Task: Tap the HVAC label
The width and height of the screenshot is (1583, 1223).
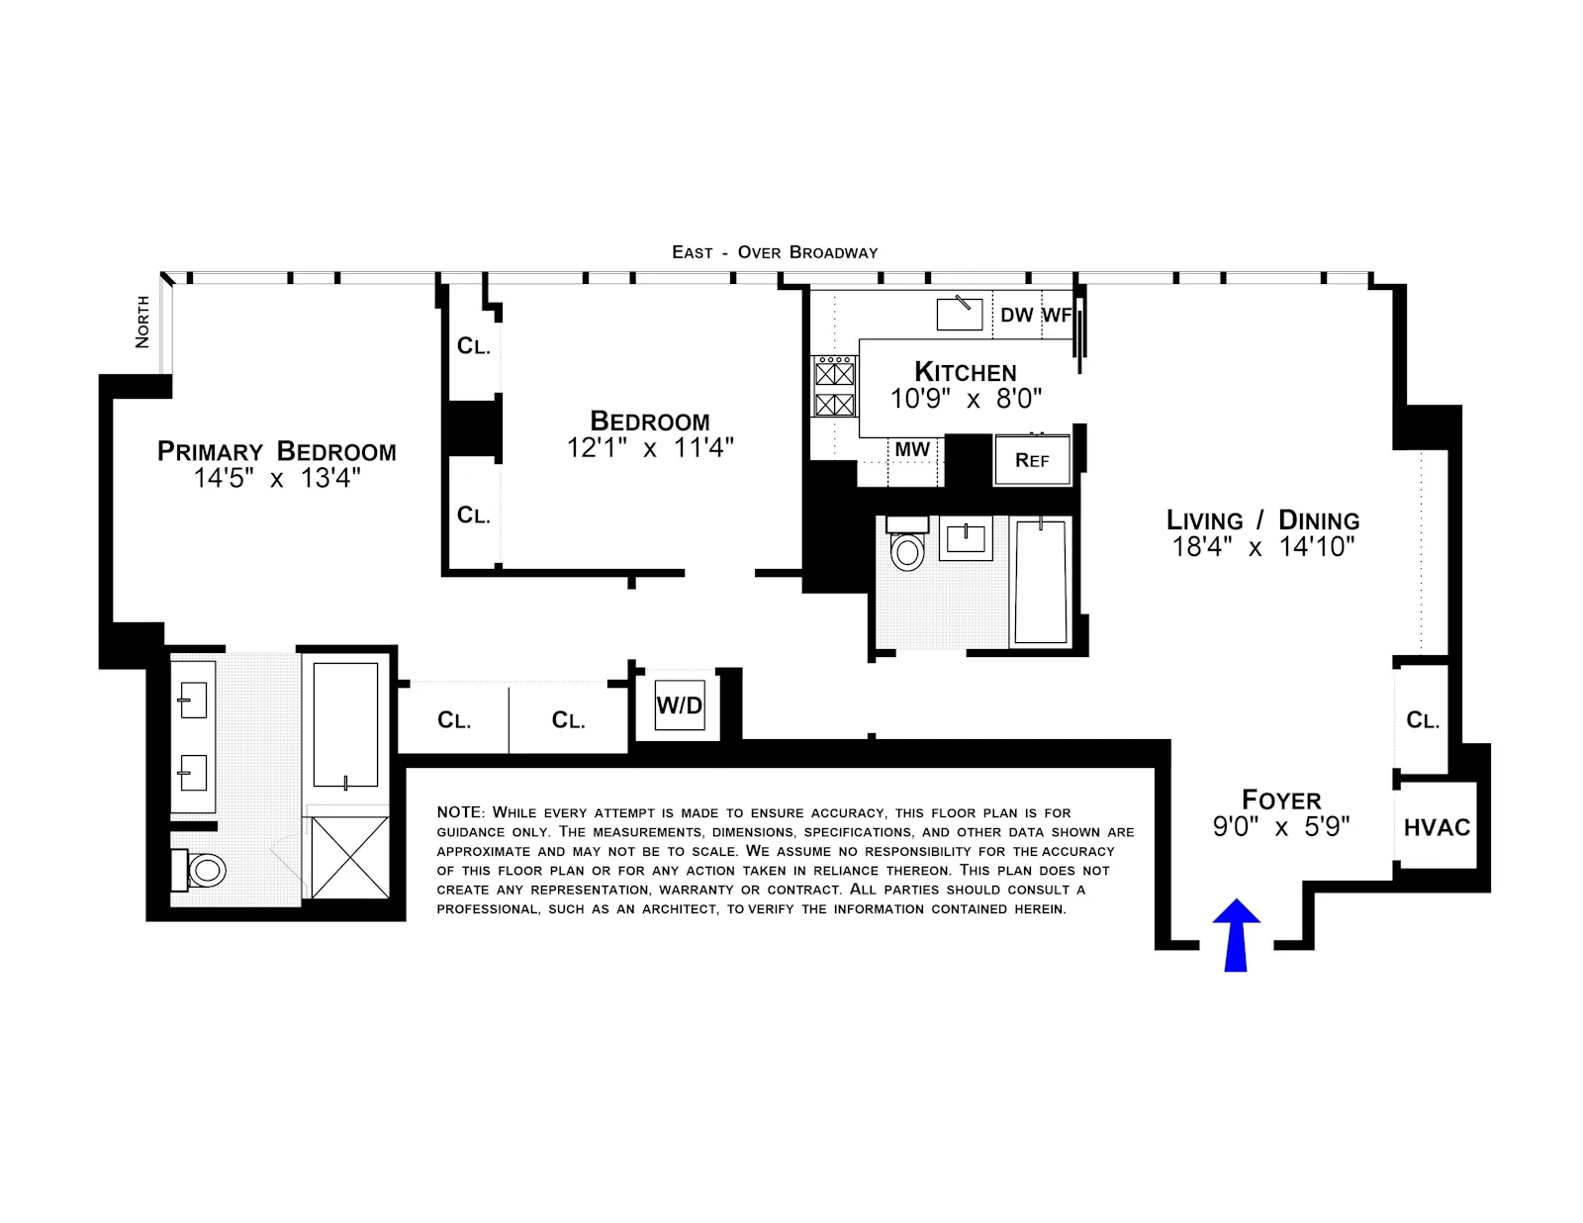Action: point(1437,827)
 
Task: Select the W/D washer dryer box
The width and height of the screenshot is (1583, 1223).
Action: point(680,706)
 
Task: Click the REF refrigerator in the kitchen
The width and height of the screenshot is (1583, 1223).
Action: point(1032,460)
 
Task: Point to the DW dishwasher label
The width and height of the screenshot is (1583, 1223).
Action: point(1016,315)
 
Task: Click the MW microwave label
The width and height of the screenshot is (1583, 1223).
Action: point(912,449)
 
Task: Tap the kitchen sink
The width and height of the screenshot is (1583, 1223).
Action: point(959,314)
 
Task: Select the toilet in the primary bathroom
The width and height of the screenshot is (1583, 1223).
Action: point(205,871)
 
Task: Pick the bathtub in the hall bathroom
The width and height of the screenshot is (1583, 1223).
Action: point(1041,582)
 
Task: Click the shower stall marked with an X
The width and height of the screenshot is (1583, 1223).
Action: point(349,857)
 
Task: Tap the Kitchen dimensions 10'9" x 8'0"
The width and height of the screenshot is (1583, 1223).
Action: point(966,399)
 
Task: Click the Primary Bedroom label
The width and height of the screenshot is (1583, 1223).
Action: point(276,451)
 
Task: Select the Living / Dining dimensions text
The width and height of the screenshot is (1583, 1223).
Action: point(1262,546)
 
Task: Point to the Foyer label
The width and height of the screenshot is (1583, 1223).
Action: point(1281,800)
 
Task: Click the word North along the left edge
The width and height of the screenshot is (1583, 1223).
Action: point(142,322)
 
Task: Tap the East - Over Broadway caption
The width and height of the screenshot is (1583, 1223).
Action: point(775,252)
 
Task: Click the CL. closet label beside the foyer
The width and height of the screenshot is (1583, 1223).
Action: point(1423,720)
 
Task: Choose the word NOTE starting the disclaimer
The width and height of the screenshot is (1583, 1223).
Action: point(459,812)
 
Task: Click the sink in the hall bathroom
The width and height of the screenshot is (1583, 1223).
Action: point(965,538)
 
